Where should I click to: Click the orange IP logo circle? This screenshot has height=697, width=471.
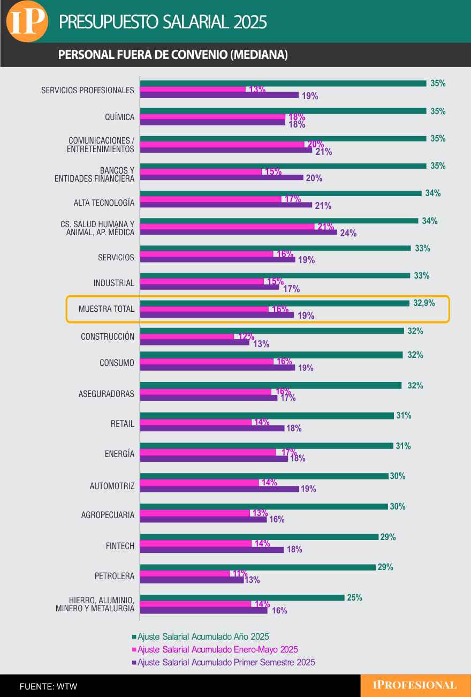pos(27,21)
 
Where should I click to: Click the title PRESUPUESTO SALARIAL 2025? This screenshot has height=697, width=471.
pos(163,22)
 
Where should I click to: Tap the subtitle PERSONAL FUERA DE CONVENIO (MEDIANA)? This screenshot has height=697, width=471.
pos(172,55)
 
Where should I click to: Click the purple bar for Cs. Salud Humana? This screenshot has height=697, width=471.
pos(238,233)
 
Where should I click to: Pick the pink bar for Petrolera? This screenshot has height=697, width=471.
pos(185,573)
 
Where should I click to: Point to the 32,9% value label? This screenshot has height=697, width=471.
pos(424,303)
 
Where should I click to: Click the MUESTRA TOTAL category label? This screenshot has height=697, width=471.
pos(106,309)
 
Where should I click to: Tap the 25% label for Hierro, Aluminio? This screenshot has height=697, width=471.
pos(354,598)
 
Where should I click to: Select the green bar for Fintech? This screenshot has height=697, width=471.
pos(259,537)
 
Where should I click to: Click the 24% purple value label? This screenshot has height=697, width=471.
pos(348,233)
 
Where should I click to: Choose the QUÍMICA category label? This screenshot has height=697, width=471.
pos(119,117)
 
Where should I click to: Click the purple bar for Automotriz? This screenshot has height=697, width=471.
pos(219,489)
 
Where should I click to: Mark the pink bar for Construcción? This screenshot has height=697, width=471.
pos(187,336)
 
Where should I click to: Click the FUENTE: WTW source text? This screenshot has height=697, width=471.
pos(48,686)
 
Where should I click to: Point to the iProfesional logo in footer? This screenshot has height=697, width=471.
pos(415,685)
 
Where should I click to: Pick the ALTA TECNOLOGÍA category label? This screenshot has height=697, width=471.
pos(104,203)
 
